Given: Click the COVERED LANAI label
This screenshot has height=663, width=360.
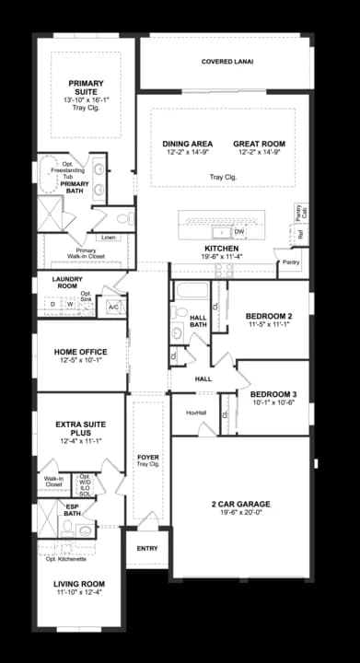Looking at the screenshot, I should coord(227,63).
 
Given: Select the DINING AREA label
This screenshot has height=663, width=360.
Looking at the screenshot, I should coord(188,144).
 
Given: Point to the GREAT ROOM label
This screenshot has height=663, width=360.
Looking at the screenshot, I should coord(259,144).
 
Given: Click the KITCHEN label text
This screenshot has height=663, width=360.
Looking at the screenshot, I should coord(222,249).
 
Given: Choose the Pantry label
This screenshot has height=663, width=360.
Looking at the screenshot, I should coord(291,262).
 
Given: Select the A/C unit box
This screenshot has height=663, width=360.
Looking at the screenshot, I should coord(113,306).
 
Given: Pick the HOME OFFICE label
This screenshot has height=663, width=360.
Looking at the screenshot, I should coord(80,352).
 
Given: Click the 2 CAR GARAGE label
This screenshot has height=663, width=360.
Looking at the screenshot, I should coord(240,504).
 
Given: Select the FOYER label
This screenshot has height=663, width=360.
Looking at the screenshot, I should coord(147,458).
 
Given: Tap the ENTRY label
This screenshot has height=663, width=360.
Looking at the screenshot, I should coord(147,549).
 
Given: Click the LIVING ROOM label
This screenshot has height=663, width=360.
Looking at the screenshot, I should coord(75,584).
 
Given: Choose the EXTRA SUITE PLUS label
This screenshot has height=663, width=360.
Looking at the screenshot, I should coord(77,430).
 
